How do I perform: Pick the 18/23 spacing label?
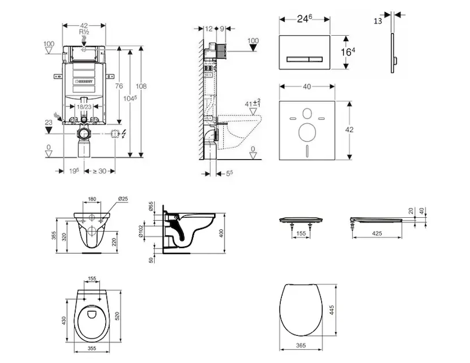click(83, 106)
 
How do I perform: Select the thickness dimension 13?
click(378, 21)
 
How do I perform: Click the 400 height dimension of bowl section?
click(221, 233)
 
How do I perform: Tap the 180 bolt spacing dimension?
click(92, 198)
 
